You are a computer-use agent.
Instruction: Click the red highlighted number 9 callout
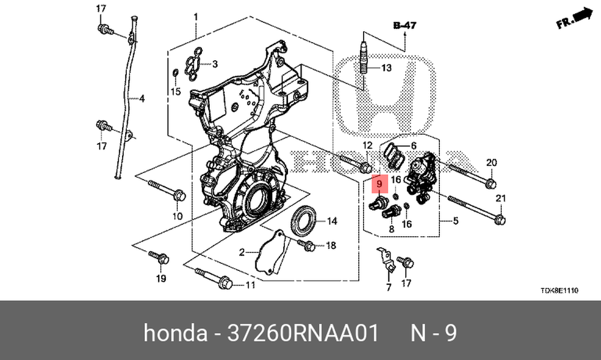coord(379,184)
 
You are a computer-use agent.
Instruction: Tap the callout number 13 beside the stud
coord(386,68)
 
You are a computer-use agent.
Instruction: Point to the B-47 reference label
coord(404,25)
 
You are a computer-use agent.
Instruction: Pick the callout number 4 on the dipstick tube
coord(142,99)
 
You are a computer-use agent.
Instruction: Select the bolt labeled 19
coord(159,257)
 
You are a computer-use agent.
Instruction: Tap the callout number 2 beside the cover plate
coord(242,252)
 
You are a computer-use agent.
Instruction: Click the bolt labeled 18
coord(307,245)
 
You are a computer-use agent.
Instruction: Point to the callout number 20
coord(492,162)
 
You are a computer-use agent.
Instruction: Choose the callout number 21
coord(501,198)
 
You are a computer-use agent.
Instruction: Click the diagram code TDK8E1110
coord(559,291)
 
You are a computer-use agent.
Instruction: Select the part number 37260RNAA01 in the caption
coord(303,332)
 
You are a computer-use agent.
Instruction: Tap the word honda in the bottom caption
coord(175,332)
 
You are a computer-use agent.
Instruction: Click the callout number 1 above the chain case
coord(195,17)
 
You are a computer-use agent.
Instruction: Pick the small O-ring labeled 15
coord(175,73)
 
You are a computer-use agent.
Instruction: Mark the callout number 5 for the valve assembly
coord(456,221)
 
